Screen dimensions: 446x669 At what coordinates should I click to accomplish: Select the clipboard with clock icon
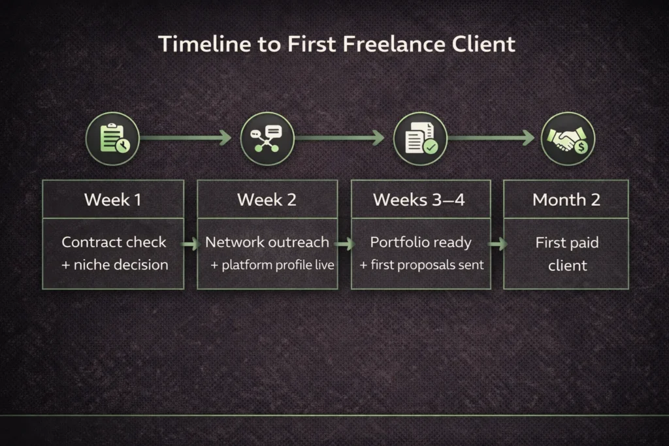pyautogui.click(x=112, y=138)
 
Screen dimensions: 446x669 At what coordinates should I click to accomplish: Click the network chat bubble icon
pyautogui.click(x=267, y=138)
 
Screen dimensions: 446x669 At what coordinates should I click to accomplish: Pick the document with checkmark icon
pyautogui.click(x=420, y=138)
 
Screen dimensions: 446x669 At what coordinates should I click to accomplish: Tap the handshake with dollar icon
pyautogui.click(x=568, y=138)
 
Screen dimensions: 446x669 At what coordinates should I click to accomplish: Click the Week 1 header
pyautogui.click(x=112, y=200)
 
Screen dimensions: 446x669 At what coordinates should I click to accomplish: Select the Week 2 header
pyautogui.click(x=267, y=200)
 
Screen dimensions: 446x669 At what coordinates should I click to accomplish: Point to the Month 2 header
pyautogui.click(x=566, y=200)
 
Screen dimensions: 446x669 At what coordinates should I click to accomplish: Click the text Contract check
pyautogui.click(x=114, y=242)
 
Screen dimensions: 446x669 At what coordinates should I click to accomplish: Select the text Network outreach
pyautogui.click(x=267, y=242)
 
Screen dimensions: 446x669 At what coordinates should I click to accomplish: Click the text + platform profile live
pyautogui.click(x=272, y=265)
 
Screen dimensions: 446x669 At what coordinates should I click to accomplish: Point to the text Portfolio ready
pyautogui.click(x=420, y=242)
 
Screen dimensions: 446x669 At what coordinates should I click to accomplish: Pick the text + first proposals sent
pyautogui.click(x=421, y=265)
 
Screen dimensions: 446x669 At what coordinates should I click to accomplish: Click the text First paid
pyautogui.click(x=567, y=243)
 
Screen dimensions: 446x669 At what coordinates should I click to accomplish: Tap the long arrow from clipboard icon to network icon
pyautogui.click(x=186, y=138)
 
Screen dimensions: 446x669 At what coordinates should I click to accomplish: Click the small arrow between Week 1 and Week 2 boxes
pyautogui.click(x=191, y=244)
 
